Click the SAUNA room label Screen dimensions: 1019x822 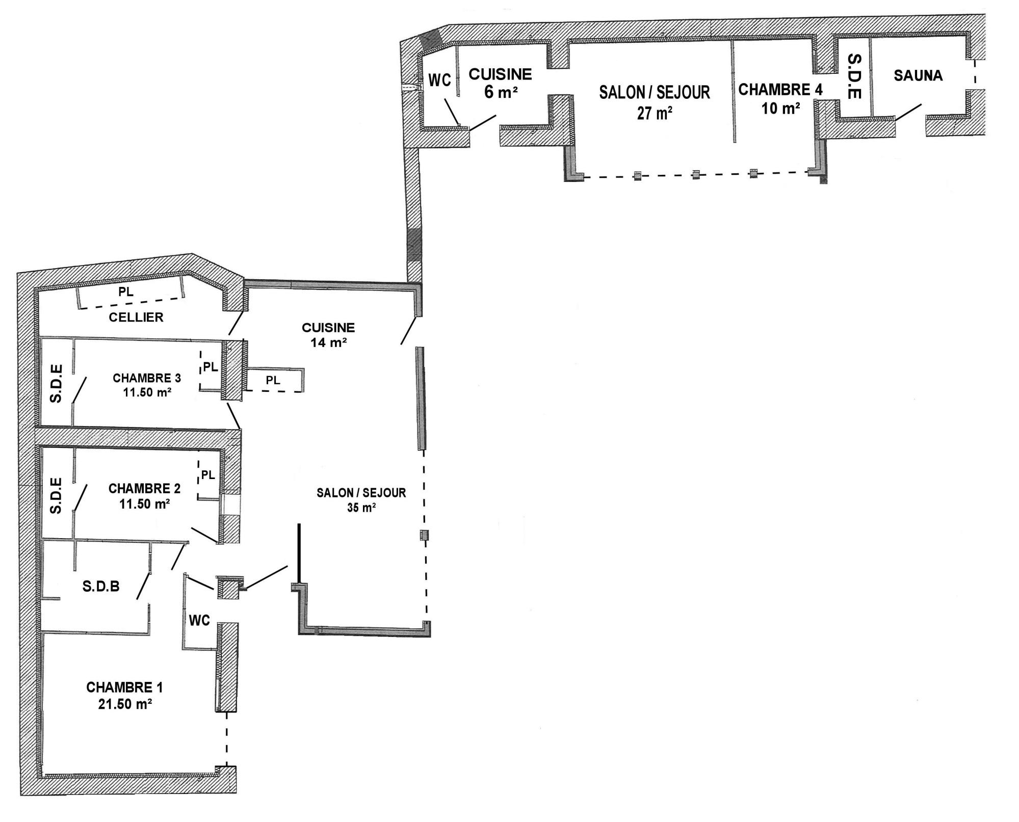918,75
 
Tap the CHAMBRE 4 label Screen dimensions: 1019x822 780,90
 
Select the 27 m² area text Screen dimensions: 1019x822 655,113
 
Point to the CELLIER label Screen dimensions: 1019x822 136,317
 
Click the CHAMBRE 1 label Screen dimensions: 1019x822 124,687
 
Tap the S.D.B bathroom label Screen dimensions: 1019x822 101,587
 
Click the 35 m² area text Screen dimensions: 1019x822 361,508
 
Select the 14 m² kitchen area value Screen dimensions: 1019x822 329,342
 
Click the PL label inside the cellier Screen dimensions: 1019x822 126,292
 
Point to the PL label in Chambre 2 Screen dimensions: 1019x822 208,475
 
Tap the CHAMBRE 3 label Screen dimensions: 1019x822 147,378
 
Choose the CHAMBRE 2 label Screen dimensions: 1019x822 144,489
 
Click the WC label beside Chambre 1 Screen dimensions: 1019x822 199,620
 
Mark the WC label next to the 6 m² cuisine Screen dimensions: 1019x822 439,81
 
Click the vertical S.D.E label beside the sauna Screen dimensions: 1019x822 854,76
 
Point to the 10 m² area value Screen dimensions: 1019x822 780,108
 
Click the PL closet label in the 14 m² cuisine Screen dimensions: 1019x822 273,380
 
